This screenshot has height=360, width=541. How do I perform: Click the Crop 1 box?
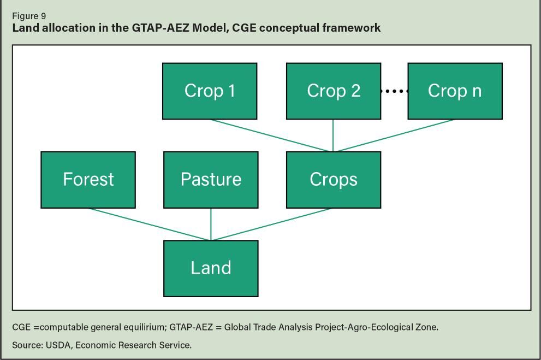tap(210, 91)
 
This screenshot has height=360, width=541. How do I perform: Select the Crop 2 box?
tap(334, 91)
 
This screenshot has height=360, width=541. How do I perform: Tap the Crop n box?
tap(455, 91)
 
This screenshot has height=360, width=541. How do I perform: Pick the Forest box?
tap(88, 179)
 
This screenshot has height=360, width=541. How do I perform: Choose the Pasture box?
tap(211, 179)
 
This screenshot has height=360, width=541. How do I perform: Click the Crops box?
tap(334, 179)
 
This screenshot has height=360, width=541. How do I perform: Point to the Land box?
tap(211, 268)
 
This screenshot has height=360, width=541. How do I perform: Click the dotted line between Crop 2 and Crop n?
tap(394, 91)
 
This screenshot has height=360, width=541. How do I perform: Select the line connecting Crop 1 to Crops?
tap(271, 135)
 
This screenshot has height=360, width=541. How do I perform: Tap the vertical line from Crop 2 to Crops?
tap(333, 135)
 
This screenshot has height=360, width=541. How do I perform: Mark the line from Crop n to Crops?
tap(394, 135)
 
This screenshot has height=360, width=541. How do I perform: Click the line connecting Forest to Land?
tap(149, 224)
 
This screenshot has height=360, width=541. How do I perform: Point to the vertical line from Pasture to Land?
tap(211, 224)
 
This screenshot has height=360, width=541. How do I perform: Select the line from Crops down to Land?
tap(271, 224)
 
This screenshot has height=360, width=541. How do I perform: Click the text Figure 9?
tap(29, 16)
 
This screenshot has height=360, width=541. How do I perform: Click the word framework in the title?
tap(353, 28)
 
